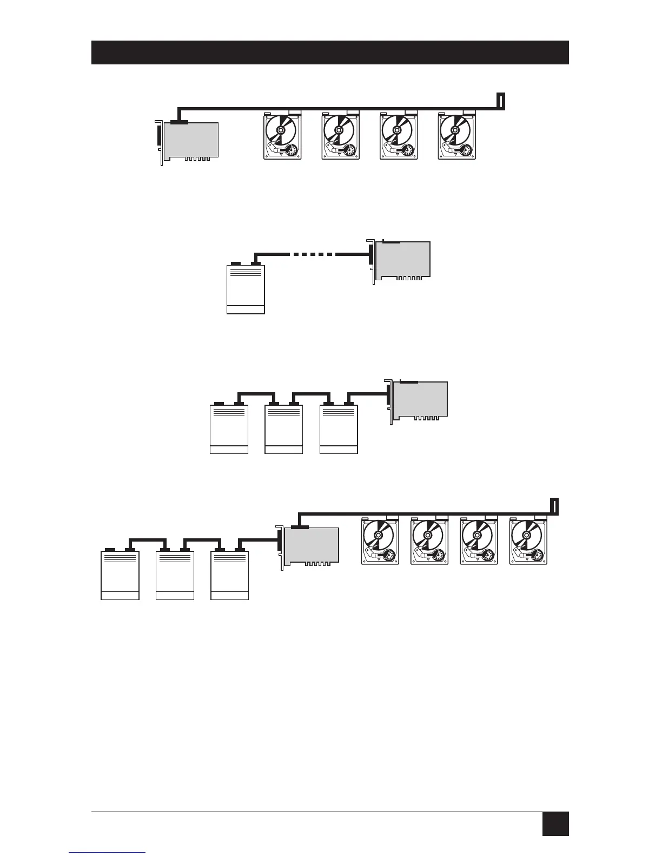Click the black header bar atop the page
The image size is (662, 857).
(x=330, y=52)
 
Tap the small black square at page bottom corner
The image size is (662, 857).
(x=555, y=823)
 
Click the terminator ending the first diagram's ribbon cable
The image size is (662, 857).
(x=501, y=101)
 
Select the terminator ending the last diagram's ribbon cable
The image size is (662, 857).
(x=554, y=506)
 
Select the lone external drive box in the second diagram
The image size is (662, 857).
(x=246, y=288)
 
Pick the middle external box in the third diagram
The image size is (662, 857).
(x=284, y=428)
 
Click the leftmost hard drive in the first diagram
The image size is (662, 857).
(x=282, y=136)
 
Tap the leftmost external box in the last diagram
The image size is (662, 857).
(x=120, y=575)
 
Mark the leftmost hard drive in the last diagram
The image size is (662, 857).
(x=380, y=541)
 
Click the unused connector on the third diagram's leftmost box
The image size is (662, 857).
(x=219, y=404)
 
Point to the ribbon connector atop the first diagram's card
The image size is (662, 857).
(x=179, y=122)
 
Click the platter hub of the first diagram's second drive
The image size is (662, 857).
(x=339, y=130)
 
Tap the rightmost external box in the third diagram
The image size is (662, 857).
(x=339, y=428)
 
